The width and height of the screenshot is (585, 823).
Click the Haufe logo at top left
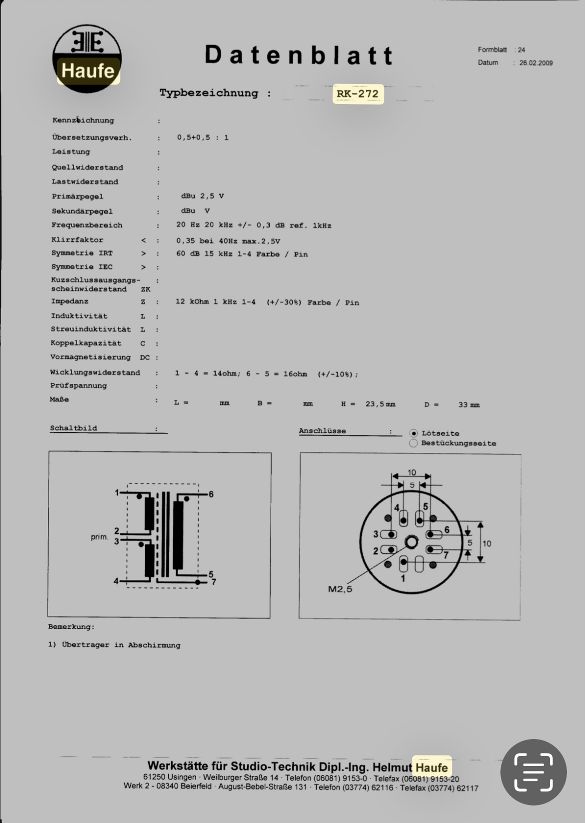click(x=87, y=58)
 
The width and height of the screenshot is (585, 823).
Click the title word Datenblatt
click(x=299, y=55)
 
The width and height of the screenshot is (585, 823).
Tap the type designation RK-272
click(x=358, y=93)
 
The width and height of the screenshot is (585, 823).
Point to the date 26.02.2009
click(x=535, y=63)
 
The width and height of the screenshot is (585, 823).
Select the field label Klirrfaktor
click(x=77, y=240)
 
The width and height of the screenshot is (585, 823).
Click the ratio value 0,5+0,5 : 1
click(x=203, y=137)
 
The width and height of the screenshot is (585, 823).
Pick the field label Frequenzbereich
click(x=87, y=225)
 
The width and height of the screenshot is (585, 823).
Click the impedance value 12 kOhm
click(x=192, y=302)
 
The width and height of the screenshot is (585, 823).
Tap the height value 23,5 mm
click(x=380, y=404)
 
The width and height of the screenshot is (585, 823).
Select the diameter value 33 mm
click(x=468, y=404)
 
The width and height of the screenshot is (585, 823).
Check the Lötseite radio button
click(x=413, y=433)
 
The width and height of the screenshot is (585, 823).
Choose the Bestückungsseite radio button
click(x=413, y=443)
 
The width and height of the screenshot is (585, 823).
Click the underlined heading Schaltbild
click(x=74, y=428)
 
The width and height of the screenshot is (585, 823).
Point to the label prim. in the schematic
click(x=99, y=537)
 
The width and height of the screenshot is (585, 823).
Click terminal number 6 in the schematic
click(x=211, y=494)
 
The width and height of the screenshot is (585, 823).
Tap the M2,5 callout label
click(x=340, y=589)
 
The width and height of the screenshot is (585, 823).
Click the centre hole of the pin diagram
click(x=411, y=542)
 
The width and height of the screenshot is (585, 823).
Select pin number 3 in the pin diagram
click(x=376, y=534)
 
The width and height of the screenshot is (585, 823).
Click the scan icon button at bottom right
click(x=533, y=772)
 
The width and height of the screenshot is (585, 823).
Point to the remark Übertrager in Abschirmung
click(x=121, y=645)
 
